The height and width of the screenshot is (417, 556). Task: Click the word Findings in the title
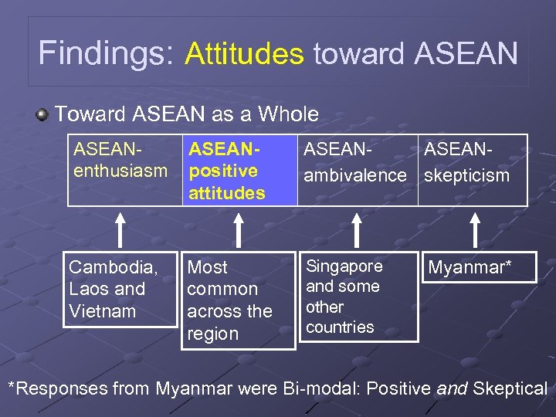coord(107,53)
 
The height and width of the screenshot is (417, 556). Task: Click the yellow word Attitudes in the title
coord(244,53)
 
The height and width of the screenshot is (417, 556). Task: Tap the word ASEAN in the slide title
coord(466,53)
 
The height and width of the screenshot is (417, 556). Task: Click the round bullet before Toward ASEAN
coord(42,115)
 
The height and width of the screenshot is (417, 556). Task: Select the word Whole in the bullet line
coord(288,114)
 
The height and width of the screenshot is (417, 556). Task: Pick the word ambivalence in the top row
coord(354,175)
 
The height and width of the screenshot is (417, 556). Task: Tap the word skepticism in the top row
coord(467,175)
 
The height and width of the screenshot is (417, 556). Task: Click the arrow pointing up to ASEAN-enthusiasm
coord(120,229)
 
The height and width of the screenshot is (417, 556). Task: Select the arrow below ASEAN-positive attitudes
coord(239,229)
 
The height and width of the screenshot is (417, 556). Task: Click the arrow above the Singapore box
coord(357,229)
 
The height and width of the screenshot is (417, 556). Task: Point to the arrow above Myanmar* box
coord(476,229)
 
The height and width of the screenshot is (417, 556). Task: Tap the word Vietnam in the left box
coord(102,311)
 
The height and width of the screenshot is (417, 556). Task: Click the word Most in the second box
coord(208,267)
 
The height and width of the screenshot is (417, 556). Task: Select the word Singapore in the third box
coord(344,266)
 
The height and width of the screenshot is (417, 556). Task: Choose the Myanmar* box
coord(478,268)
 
